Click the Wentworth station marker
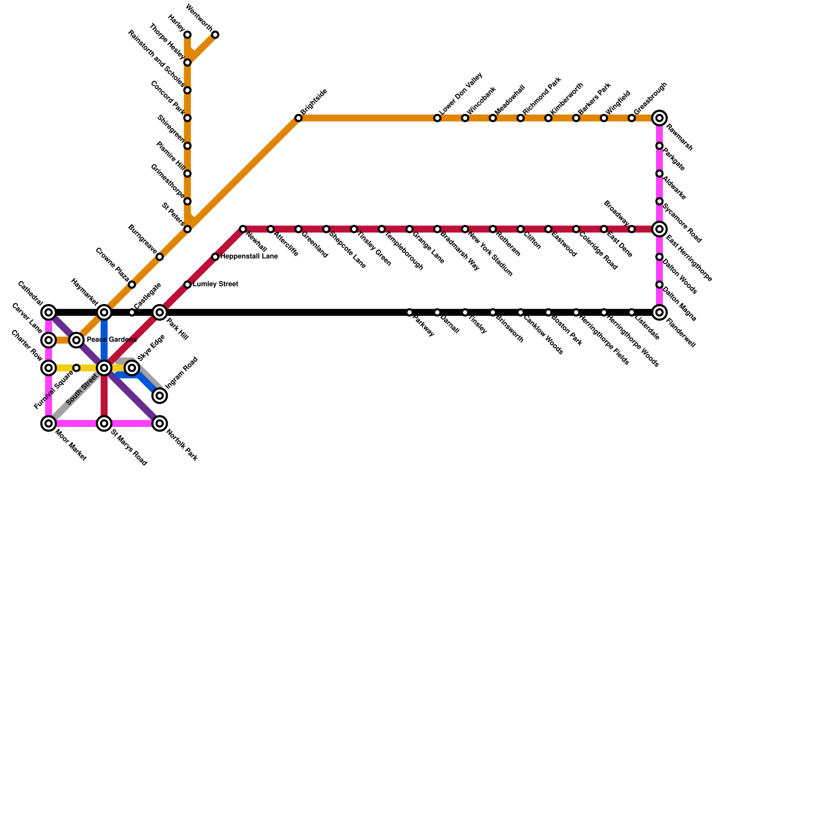[215, 35]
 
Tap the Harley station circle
[187, 35]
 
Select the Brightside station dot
[298, 118]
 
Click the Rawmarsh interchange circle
[660, 118]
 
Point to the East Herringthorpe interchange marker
[660, 229]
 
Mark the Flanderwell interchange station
[660, 312]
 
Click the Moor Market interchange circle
[48, 423]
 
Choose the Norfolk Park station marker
[160, 423]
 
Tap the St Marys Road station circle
[104, 423]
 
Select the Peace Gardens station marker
[77, 340]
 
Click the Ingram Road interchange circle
[160, 396]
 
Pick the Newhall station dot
[243, 229]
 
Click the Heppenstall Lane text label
[249, 257]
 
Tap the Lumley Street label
[216, 284]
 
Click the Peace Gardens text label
[111, 340]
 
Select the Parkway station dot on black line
[410, 312]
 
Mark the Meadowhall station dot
[493, 118]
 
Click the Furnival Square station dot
[77, 368]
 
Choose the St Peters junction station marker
[187, 229]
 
